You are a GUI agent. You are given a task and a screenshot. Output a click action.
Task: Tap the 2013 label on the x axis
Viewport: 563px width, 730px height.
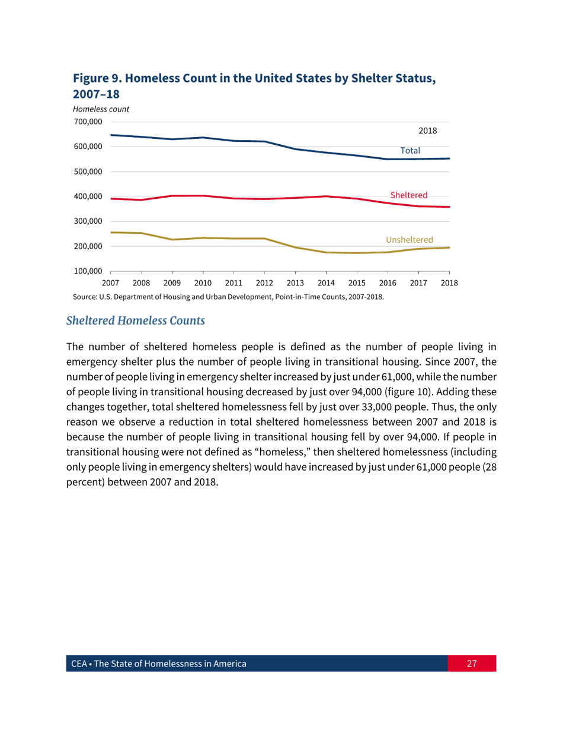click(295, 282)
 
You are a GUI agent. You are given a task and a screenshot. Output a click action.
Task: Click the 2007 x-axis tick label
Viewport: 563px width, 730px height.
click(111, 282)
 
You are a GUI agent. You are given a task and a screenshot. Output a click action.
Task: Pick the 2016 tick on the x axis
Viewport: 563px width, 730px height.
click(388, 282)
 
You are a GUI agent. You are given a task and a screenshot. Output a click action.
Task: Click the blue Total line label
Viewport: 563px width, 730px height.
click(410, 151)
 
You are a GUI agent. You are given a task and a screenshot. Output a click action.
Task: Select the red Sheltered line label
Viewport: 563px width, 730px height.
click(408, 195)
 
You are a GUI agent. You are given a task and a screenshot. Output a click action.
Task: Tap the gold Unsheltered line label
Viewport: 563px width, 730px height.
click(409, 239)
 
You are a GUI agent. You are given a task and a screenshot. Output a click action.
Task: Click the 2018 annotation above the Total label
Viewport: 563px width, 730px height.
click(428, 131)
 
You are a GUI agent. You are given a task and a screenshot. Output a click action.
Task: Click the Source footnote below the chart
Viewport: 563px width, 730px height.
click(228, 297)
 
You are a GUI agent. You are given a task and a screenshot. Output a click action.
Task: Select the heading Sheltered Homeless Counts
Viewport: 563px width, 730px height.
click(135, 321)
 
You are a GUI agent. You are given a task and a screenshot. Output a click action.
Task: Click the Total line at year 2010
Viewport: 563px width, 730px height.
click(203, 138)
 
